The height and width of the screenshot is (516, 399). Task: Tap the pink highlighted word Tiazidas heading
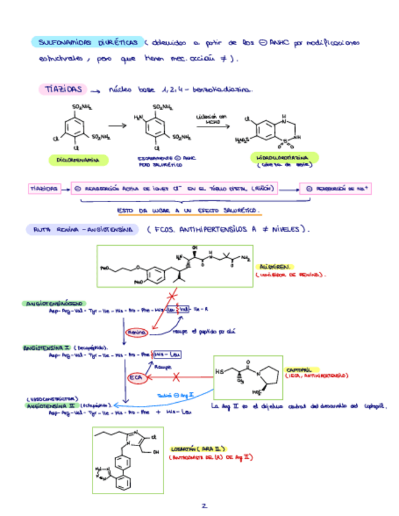click(63, 89)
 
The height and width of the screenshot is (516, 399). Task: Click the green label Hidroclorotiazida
click(280, 158)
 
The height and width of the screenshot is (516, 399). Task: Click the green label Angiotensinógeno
click(54, 302)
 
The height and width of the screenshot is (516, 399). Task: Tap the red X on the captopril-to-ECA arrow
click(176, 377)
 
